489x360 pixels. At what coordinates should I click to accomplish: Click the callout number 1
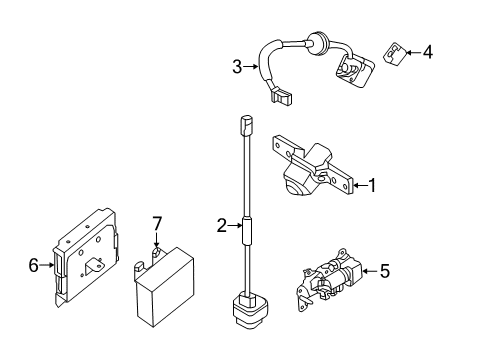pos(372,185)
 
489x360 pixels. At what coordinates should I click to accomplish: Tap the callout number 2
pos(222,226)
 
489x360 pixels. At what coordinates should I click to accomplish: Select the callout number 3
pos(237,67)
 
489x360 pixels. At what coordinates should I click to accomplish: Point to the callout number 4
pos(428,52)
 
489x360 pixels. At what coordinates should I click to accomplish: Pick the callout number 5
pos(385,271)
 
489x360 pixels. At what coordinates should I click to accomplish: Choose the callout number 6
pos(33,265)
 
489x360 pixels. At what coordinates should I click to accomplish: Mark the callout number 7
pos(157,223)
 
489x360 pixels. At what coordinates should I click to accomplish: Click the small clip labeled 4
pos(395,54)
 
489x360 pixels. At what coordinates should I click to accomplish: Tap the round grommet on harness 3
pos(315,44)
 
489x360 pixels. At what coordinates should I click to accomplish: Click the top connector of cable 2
pos(246,125)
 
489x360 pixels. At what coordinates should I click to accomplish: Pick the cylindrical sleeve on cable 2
pos(247,231)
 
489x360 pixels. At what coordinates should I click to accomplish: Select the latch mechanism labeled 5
pos(328,279)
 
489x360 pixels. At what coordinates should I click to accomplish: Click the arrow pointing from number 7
pos(156,240)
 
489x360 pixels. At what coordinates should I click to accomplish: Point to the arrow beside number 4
pos(413,52)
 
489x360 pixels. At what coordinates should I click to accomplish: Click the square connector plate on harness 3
pos(354,71)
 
